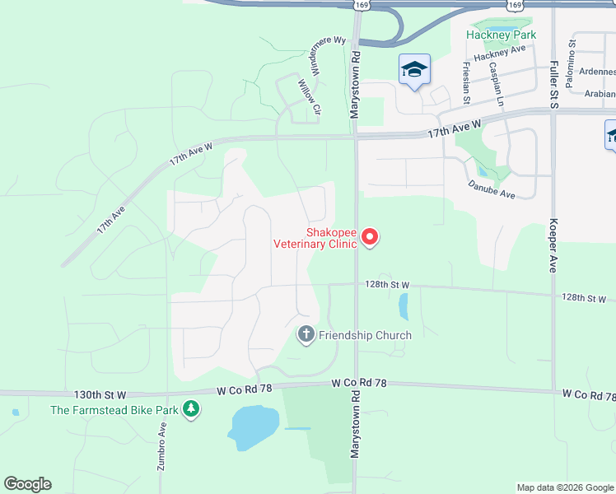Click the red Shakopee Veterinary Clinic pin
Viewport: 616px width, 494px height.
click(370, 238)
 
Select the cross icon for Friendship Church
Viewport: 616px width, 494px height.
click(306, 334)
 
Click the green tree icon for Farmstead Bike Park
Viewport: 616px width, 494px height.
click(191, 408)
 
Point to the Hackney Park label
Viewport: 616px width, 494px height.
click(501, 35)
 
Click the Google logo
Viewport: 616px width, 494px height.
click(27, 484)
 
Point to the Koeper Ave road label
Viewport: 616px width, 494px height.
click(552, 245)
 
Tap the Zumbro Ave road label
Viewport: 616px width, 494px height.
click(162, 446)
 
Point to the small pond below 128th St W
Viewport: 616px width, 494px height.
click(403, 306)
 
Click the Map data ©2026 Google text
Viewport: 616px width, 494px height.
click(565, 487)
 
